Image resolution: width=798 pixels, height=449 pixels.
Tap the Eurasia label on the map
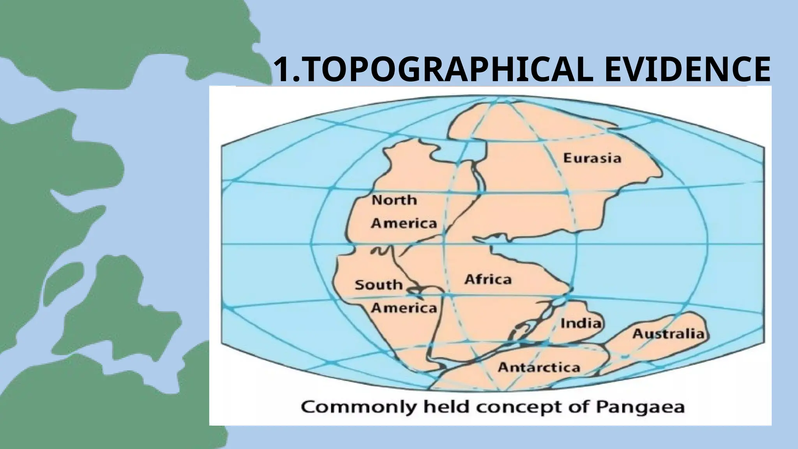[x=592, y=158]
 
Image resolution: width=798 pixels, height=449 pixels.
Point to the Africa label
[x=488, y=279]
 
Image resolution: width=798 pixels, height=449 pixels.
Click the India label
[x=580, y=323]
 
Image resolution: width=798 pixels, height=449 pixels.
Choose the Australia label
[x=668, y=334]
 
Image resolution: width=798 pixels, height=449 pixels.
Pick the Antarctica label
[x=539, y=367]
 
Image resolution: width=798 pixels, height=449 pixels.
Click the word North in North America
[x=394, y=200]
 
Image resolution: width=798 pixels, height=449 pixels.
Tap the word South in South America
[x=378, y=285]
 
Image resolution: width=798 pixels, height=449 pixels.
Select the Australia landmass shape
[x=662, y=347]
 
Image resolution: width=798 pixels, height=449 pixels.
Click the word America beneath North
[x=404, y=223]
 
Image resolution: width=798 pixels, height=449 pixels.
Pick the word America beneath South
[x=404, y=308]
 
